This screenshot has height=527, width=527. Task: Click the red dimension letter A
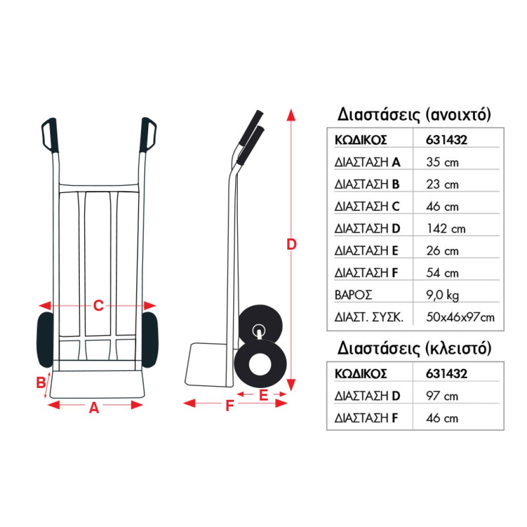coord(94,408)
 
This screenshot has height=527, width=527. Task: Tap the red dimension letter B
coord(40,383)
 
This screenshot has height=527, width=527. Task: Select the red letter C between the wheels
coord(98,306)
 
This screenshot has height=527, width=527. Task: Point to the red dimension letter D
coord(291,244)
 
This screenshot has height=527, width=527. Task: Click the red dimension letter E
coord(263,395)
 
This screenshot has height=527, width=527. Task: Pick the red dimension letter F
coord(230,407)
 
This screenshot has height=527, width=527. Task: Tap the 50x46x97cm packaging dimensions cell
coord(460,317)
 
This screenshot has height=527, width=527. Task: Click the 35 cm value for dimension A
coord(442,162)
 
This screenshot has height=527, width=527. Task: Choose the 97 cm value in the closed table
coord(442,396)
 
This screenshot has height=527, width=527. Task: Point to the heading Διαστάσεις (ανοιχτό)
coord(414,114)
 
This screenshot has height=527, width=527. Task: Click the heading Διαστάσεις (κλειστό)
coord(414,348)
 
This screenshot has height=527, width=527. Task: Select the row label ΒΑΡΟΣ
coord(353,295)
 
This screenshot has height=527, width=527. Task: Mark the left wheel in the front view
coord(45,339)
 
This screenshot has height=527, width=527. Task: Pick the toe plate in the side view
coord(206,365)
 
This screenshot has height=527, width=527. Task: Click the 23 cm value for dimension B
coord(442,184)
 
